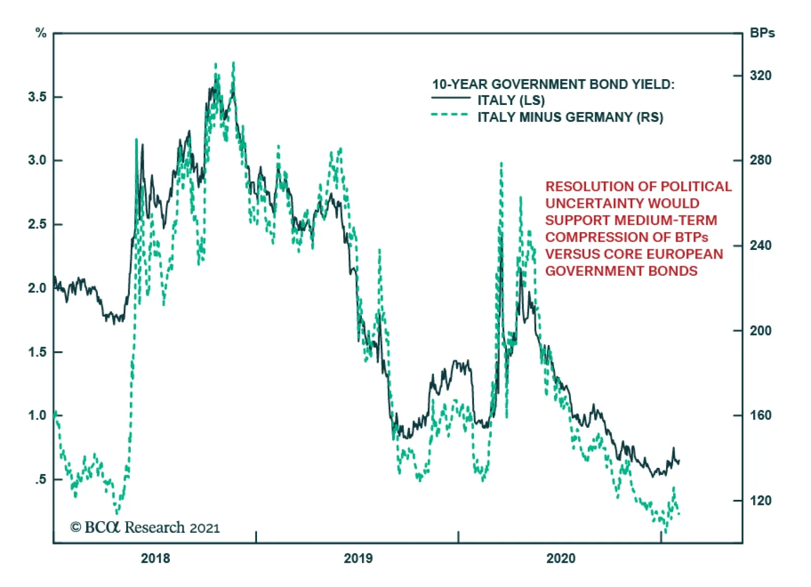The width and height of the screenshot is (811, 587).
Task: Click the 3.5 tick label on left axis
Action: point(38,97)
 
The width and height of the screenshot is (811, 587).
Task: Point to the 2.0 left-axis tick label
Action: point(38,288)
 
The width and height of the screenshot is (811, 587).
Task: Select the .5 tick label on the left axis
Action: point(41,479)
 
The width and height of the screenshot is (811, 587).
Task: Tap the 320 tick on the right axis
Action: point(760,76)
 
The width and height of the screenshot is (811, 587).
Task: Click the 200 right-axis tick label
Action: point(760,331)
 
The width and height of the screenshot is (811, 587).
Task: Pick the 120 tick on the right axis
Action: point(760,501)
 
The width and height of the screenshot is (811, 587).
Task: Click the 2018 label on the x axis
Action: point(155,559)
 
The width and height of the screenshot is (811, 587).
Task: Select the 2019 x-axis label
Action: point(358,559)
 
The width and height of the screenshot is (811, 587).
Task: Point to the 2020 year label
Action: point(561,559)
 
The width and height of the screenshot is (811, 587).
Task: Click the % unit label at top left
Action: point(41,33)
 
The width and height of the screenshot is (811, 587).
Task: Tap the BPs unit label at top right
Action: point(762,33)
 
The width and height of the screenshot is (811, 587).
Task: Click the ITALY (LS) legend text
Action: point(511,100)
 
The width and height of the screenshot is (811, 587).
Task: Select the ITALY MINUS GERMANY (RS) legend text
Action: point(570,118)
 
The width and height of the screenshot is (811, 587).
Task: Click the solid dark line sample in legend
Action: point(451,98)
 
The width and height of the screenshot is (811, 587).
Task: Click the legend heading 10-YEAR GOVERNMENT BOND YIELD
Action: point(553,84)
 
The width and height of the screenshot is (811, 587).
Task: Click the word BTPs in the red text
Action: point(691,237)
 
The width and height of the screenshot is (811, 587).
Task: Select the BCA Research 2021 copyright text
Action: point(145,528)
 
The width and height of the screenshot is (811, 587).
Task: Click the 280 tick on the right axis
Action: point(760,160)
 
